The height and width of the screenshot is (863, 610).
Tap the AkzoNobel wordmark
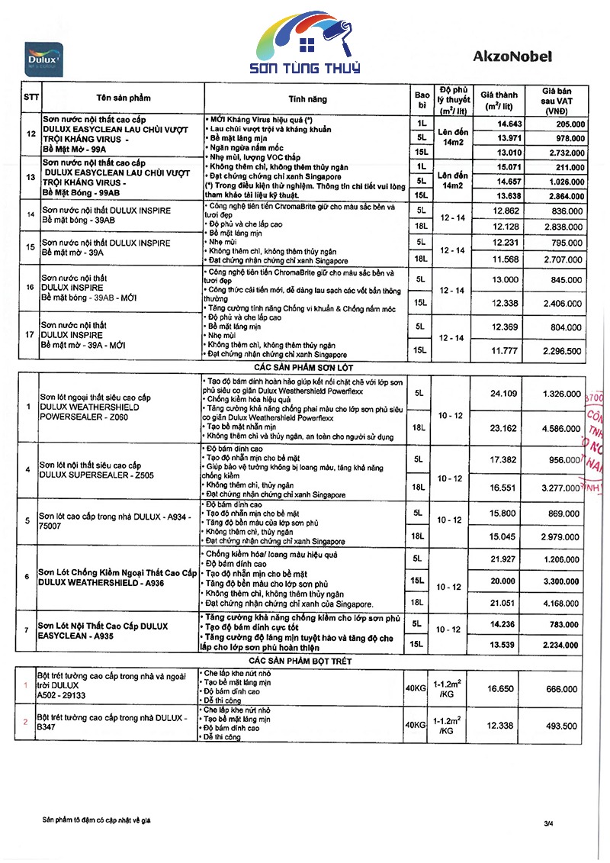click(x=512, y=56)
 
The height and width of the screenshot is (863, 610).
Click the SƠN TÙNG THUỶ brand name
click(x=310, y=66)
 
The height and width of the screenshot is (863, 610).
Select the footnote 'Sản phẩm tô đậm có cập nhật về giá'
click(x=97, y=820)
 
